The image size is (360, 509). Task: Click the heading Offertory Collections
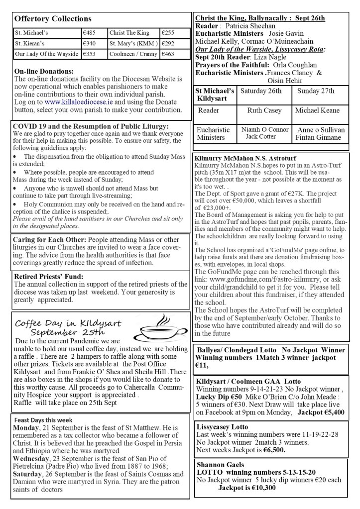tap(53, 19)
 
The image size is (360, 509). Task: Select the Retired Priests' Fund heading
tap(48, 276)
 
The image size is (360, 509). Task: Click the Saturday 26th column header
tap(260, 91)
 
